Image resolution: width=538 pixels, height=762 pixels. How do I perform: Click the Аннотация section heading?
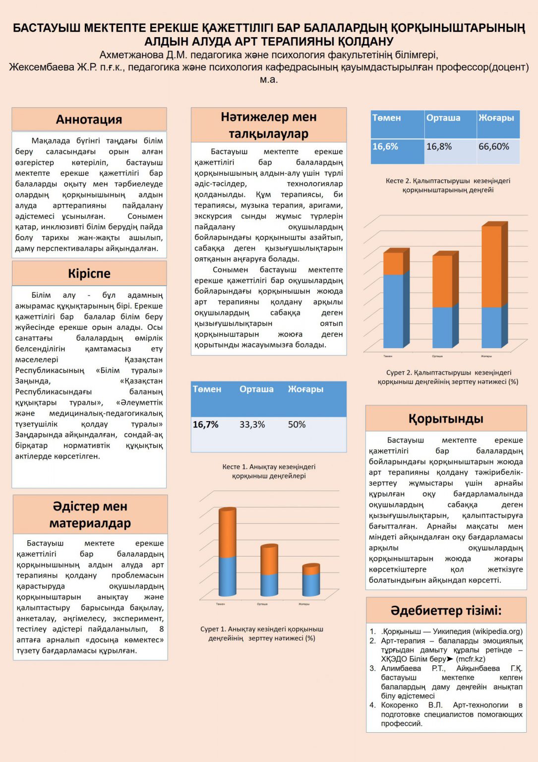[x=89, y=120]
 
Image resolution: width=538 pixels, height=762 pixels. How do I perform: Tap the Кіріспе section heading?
[x=89, y=273]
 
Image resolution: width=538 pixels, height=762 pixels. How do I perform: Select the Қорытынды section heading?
[x=446, y=419]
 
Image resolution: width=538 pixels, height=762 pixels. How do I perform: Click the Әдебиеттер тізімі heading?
[x=446, y=610]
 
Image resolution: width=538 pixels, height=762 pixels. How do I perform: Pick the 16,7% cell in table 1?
[x=206, y=425]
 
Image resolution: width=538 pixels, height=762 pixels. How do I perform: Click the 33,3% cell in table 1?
[x=252, y=425]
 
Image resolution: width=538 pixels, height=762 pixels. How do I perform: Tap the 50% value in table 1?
[x=297, y=425]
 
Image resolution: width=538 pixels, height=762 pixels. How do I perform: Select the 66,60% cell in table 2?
[x=494, y=146]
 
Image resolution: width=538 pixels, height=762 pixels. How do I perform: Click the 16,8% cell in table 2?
[x=439, y=146]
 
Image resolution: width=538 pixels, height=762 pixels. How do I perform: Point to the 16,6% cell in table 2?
[x=385, y=146]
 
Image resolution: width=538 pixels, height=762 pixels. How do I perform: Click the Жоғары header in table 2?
[x=496, y=118]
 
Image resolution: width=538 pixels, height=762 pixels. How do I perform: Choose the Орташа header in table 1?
[x=256, y=389]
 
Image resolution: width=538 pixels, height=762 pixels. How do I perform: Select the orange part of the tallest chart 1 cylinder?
[x=227, y=533]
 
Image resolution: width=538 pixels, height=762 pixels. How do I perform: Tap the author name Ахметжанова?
[x=131, y=55]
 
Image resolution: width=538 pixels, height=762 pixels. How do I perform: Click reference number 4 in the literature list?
[x=372, y=705]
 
